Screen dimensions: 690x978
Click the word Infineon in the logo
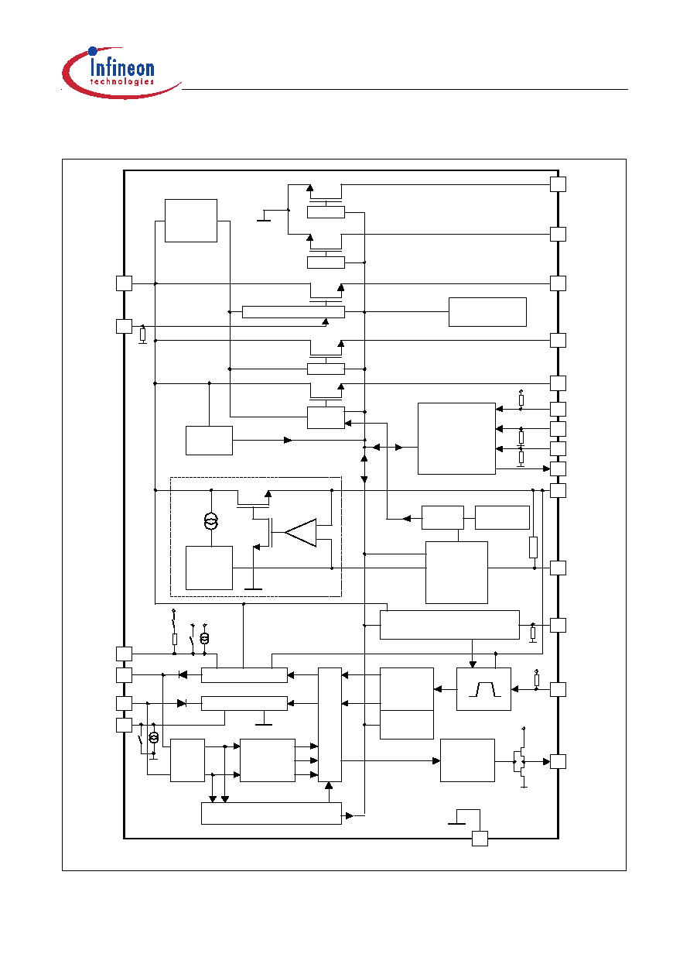(x=122, y=69)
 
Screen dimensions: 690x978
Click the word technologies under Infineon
(x=122, y=81)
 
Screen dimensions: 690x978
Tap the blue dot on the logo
(x=93, y=51)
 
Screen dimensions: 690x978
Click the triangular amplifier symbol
(x=300, y=533)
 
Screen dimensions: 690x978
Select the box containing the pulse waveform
(x=483, y=689)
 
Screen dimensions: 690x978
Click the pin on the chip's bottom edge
(x=480, y=839)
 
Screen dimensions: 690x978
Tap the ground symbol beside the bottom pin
(x=456, y=823)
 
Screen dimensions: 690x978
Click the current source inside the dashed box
(x=211, y=521)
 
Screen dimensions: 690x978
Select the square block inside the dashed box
(x=209, y=568)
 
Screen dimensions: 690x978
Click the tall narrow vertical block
(x=330, y=725)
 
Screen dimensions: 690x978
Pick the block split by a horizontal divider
(x=407, y=703)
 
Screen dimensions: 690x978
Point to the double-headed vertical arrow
(x=364, y=469)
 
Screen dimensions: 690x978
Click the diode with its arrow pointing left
(x=183, y=675)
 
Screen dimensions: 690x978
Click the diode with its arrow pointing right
(x=182, y=703)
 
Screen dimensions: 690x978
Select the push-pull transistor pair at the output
(x=521, y=762)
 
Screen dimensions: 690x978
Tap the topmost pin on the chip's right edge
(x=558, y=184)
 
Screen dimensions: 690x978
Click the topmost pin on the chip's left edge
(x=124, y=283)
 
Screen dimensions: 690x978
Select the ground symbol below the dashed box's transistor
(x=253, y=589)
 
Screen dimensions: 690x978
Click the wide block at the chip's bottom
(x=272, y=813)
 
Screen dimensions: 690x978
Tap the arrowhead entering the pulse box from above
(x=473, y=664)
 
